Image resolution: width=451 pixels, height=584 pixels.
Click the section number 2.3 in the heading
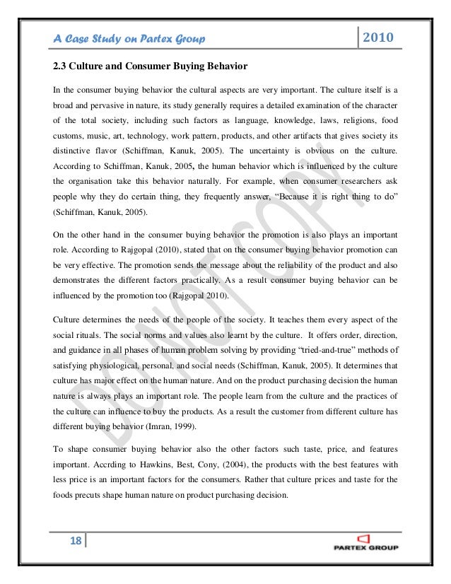[61, 68]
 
